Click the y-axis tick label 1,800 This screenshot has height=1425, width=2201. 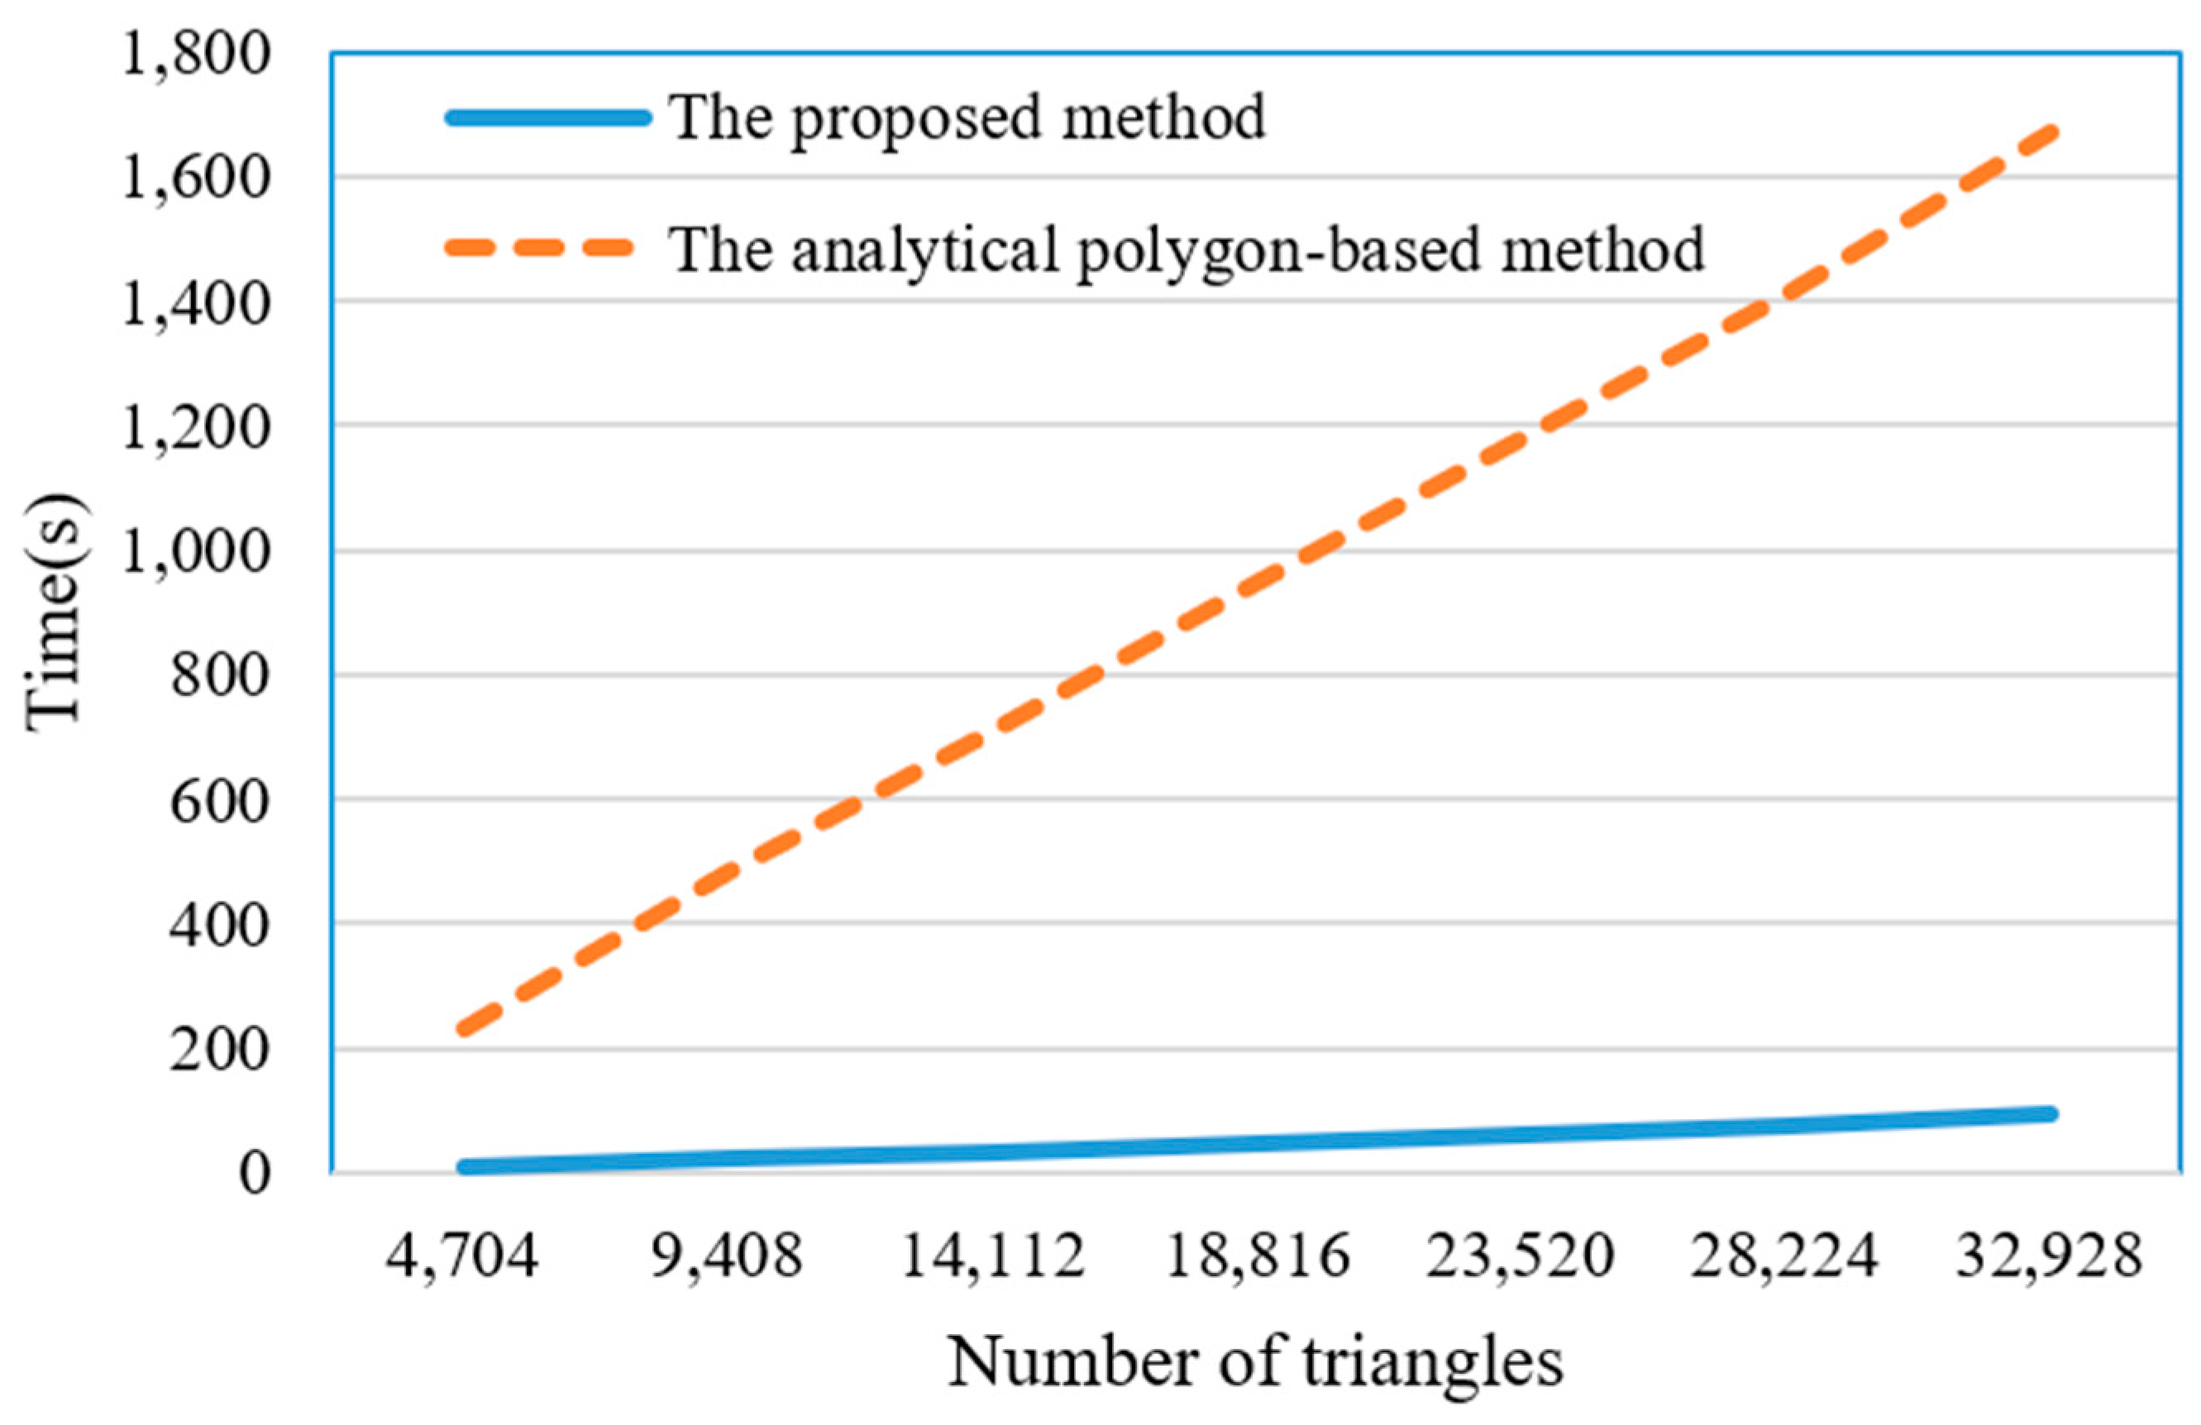click(196, 54)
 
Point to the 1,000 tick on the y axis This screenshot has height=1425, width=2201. click(196, 553)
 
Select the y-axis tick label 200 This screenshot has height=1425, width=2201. click(219, 1051)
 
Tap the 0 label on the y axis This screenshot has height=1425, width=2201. click(255, 1175)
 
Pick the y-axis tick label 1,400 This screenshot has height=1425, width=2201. click(196, 303)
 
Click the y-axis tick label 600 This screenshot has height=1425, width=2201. click(219, 802)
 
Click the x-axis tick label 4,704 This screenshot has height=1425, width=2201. click(461, 1256)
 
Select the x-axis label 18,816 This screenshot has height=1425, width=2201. click(1257, 1256)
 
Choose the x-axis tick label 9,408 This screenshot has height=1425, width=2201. click(727, 1256)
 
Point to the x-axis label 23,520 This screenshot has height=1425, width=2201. click(1521, 1256)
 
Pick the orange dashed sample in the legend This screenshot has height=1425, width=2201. click(541, 247)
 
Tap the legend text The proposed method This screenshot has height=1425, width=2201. click(967, 118)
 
